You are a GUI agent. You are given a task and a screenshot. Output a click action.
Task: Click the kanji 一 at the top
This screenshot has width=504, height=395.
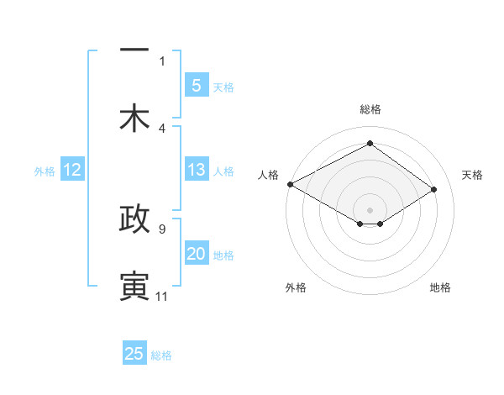pyautogui.click(x=134, y=50)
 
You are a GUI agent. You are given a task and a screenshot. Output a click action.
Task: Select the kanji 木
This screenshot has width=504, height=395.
pyautogui.click(x=134, y=118)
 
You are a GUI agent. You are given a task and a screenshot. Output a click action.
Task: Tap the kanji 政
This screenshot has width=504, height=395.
pyautogui.click(x=134, y=219)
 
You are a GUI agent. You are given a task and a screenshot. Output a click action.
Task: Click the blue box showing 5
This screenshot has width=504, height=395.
pyautogui.click(x=196, y=85)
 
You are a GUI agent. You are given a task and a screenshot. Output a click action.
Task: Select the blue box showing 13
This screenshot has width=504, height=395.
pyautogui.click(x=196, y=171)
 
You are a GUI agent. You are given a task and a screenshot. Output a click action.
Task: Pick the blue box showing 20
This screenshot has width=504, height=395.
pyautogui.click(x=196, y=254)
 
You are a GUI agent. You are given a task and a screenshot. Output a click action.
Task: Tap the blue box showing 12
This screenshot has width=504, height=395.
pyautogui.click(x=71, y=171)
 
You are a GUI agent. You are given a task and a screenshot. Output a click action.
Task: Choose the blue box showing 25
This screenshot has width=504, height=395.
pyautogui.click(x=134, y=354)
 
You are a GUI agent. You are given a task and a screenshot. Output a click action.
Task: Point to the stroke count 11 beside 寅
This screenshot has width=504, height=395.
pyautogui.click(x=161, y=297)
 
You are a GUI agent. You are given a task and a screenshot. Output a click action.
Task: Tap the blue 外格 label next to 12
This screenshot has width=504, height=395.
pyautogui.click(x=45, y=171)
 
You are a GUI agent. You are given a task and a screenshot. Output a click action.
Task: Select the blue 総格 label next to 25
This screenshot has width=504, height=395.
pyautogui.click(x=161, y=355)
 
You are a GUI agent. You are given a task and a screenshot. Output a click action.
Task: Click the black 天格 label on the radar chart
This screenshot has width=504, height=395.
pyautogui.click(x=473, y=175)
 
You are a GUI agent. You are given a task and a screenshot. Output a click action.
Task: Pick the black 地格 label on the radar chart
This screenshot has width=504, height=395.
pyautogui.click(x=440, y=287)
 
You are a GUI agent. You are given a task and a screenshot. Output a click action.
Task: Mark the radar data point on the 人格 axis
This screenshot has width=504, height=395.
pyautogui.click(x=290, y=184)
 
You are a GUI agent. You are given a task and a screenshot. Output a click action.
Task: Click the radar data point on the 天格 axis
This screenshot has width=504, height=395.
pyautogui.click(x=434, y=190)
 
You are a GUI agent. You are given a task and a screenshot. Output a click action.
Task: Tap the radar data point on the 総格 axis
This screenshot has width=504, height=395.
pyautogui.click(x=370, y=144)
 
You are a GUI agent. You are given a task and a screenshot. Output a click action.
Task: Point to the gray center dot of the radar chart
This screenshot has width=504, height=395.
pyautogui.click(x=370, y=209)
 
